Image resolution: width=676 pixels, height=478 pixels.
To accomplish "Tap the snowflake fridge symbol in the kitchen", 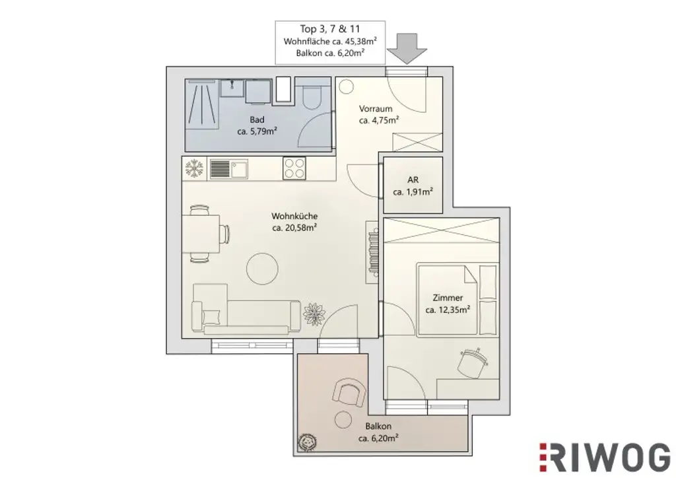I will pos(194,168).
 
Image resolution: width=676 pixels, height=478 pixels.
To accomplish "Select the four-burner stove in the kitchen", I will pos(294,168).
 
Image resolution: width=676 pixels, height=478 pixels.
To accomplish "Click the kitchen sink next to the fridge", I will pos(228,168).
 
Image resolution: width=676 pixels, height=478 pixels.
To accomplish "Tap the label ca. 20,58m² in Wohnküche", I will pos(294,228).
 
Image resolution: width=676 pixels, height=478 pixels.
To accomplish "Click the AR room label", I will pos(413,180).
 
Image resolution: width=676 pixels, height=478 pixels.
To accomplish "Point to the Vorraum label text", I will pos(376,108).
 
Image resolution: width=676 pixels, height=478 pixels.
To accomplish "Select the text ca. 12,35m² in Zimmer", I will pos(448,310).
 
